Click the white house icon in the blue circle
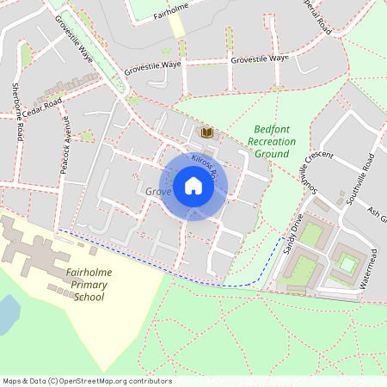pyautogui.click(x=193, y=185)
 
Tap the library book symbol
pyautogui.click(x=206, y=132)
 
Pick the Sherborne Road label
pyautogui.click(x=16, y=112)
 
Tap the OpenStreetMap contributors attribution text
pyautogui.click(x=86, y=381)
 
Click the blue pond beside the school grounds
pyautogui.click(x=7, y=315)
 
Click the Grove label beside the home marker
pyautogui.click(x=158, y=191)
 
